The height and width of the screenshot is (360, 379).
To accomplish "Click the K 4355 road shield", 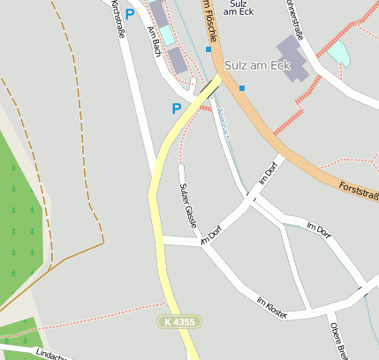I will pyautogui.click(x=179, y=323).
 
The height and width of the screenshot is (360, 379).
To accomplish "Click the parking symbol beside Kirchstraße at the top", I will pyautogui.click(x=130, y=14).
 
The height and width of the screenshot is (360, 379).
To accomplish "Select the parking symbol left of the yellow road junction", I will pyautogui.click(x=177, y=109).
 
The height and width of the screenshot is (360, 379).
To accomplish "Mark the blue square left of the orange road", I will pyautogui.click(x=208, y=49).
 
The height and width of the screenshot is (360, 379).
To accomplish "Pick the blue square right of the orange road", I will pyautogui.click(x=241, y=87).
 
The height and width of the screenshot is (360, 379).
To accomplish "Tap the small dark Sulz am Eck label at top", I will pyautogui.click(x=236, y=8).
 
